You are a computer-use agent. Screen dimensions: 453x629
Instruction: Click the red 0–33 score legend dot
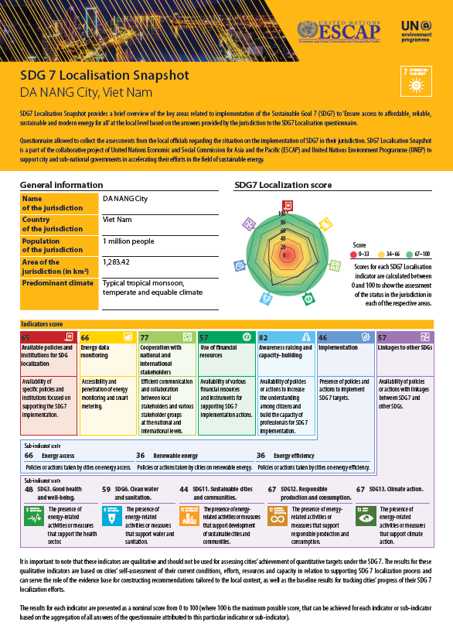pyautogui.click(x=354, y=253)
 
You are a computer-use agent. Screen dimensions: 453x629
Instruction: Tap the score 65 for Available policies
pyautogui.click(x=26, y=337)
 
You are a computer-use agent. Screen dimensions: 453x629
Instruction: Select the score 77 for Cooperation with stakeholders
pyautogui.click(x=145, y=337)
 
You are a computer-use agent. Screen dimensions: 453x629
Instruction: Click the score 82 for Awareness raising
pyautogui.click(x=264, y=337)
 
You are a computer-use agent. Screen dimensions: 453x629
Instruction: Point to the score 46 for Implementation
pyautogui.click(x=323, y=337)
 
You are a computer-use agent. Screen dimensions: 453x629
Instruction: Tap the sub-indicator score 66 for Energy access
pyautogui.click(x=29, y=456)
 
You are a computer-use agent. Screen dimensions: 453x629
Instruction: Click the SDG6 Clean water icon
pyautogui.click(x=112, y=516)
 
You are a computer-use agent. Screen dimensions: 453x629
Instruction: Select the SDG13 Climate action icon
pyautogui.click(x=366, y=516)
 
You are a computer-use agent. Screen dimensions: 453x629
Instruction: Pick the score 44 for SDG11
pyautogui.click(x=184, y=490)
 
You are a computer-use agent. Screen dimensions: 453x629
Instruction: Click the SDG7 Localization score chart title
pyautogui.click(x=283, y=186)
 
